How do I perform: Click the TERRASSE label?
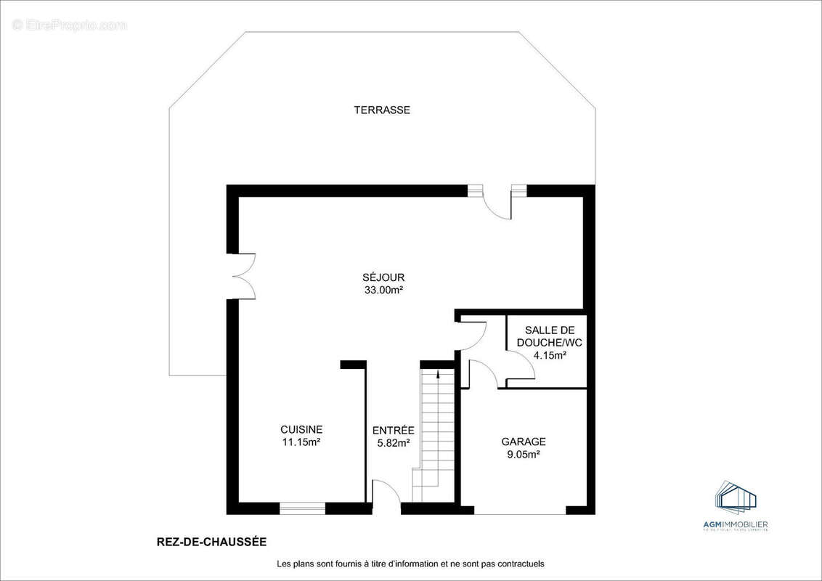tap(382, 110)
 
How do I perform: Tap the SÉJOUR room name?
tap(383, 277)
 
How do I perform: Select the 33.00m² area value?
tap(383, 290)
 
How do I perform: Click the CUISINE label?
tap(301, 429)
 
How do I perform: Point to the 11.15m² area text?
tap(301, 442)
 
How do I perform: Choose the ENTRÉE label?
tap(393, 431)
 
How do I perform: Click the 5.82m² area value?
tap(393, 443)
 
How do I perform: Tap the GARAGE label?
tap(524, 442)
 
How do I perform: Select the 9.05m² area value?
tap(524, 455)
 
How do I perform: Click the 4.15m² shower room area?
tap(546, 356)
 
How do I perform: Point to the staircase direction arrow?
tap(438, 375)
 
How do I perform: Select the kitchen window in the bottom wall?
tap(302, 508)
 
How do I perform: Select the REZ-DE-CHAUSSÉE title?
tap(201, 542)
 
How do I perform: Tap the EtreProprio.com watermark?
tap(69, 25)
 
